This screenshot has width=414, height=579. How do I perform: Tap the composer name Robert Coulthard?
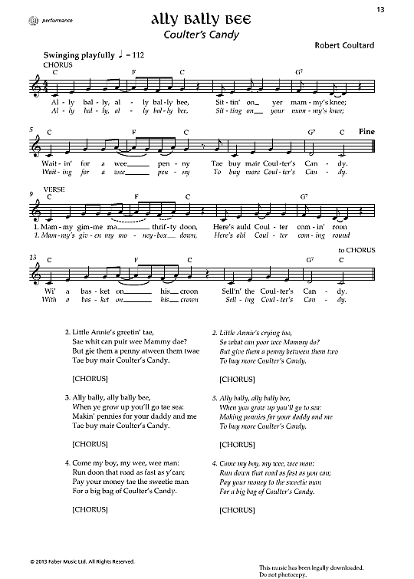(x=343, y=45)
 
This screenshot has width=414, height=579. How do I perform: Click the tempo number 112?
(x=138, y=56)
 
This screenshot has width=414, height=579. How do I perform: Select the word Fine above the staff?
(x=366, y=132)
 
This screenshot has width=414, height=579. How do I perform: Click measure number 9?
(x=31, y=193)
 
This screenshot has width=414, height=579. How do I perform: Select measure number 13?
(x=32, y=257)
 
